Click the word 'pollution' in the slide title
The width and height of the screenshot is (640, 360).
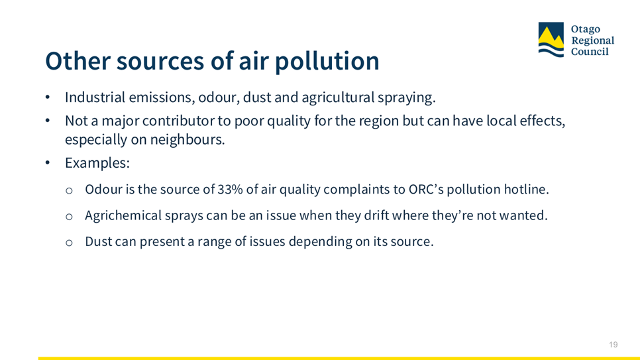click(x=327, y=62)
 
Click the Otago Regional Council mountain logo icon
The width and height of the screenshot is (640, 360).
click(x=551, y=40)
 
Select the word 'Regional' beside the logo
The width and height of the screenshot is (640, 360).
click(x=593, y=40)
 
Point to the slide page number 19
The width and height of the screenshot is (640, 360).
click(x=613, y=345)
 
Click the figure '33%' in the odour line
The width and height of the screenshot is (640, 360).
click(x=230, y=189)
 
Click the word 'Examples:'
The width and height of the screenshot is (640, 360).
click(x=97, y=163)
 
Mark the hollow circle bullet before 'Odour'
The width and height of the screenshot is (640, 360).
click(x=69, y=190)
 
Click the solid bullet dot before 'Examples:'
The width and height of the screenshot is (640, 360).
click(x=47, y=162)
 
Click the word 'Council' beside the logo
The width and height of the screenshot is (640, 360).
click(x=590, y=52)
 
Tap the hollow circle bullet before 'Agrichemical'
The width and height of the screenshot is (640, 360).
click(x=69, y=217)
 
